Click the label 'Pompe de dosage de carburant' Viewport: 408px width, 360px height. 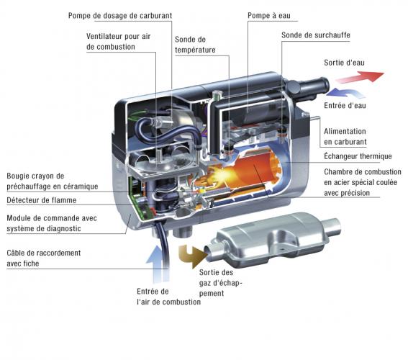(120, 16)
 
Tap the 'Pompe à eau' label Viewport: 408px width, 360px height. (269, 16)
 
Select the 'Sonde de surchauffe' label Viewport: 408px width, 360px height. (316, 35)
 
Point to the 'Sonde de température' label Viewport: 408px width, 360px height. (195, 45)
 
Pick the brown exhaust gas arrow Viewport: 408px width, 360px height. (193, 256)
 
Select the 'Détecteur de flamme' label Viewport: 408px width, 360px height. (42, 200)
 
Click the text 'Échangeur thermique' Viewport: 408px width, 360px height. (358, 156)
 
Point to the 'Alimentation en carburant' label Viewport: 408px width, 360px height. (345, 137)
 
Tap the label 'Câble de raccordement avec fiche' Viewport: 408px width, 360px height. (44, 258)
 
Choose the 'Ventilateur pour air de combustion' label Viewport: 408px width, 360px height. (119, 42)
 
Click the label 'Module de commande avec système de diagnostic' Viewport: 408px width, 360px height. (52, 223)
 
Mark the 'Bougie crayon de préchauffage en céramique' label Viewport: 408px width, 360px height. (53, 181)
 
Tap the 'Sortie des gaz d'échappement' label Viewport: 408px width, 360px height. (221, 283)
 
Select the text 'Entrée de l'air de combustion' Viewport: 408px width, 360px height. (168, 297)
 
